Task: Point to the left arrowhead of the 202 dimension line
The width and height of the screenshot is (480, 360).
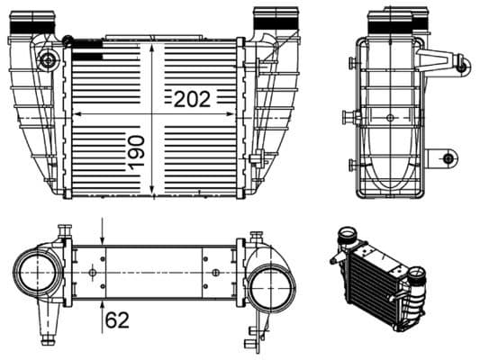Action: [x=76, y=114]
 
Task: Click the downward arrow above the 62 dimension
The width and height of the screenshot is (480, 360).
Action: [x=104, y=237]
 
